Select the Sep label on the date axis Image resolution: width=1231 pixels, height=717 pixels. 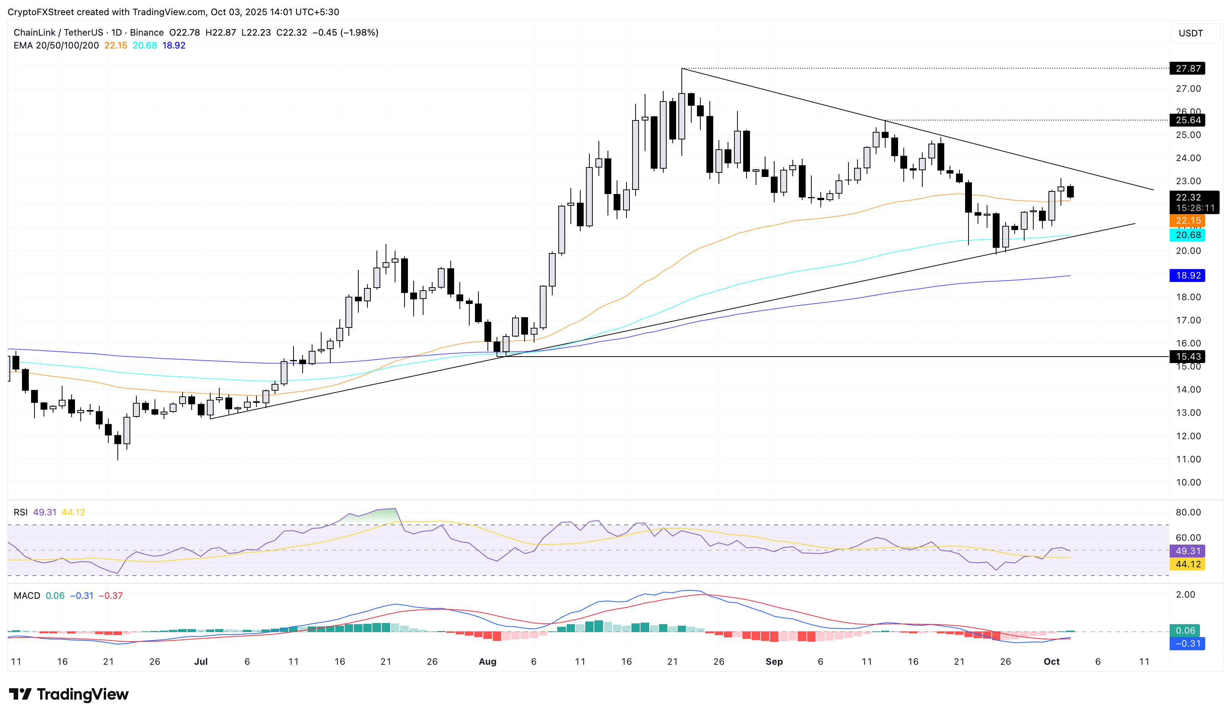click(x=774, y=662)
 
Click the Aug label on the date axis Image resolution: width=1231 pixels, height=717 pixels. click(x=487, y=662)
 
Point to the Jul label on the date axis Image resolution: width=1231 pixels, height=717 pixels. click(x=201, y=662)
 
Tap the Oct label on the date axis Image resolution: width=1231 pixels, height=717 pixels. click(x=1051, y=662)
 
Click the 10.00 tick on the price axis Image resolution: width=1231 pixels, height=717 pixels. click(x=1188, y=482)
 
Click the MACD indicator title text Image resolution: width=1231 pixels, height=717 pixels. click(x=27, y=596)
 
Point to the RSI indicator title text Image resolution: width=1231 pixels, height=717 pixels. click(x=20, y=512)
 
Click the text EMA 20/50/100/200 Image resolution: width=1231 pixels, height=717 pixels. click(x=56, y=45)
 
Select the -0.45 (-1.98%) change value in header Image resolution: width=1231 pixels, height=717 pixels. click(x=345, y=33)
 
